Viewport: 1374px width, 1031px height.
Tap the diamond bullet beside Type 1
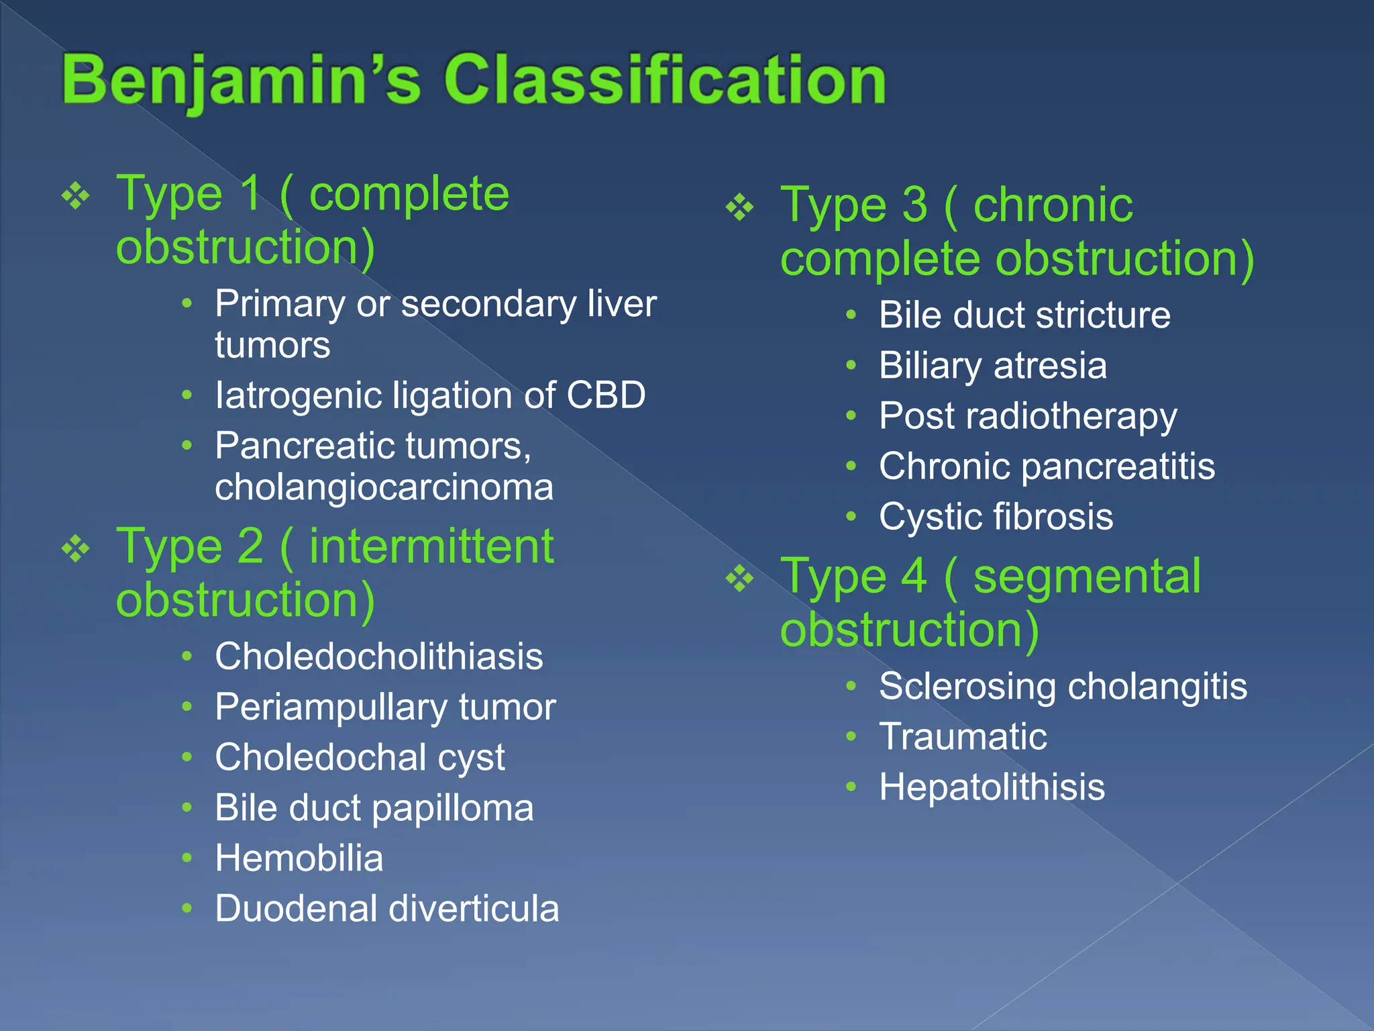(x=75, y=197)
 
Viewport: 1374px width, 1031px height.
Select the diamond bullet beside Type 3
(x=739, y=207)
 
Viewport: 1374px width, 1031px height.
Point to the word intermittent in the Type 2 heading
(x=431, y=547)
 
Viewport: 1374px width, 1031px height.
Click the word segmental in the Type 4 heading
(x=1086, y=577)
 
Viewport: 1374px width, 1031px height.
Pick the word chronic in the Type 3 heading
(x=1053, y=205)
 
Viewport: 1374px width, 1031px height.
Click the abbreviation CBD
(x=606, y=395)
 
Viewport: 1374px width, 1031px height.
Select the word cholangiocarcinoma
(x=384, y=487)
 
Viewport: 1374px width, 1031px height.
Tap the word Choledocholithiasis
(x=379, y=656)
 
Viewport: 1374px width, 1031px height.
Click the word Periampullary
(x=331, y=707)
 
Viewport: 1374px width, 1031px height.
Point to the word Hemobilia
(x=299, y=858)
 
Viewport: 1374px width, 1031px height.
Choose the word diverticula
(x=474, y=909)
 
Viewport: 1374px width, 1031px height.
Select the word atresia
(x=1050, y=366)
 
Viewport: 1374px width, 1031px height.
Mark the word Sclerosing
(x=967, y=687)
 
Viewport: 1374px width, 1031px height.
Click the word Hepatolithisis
(x=992, y=787)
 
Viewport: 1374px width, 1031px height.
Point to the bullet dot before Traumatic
(x=851, y=736)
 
